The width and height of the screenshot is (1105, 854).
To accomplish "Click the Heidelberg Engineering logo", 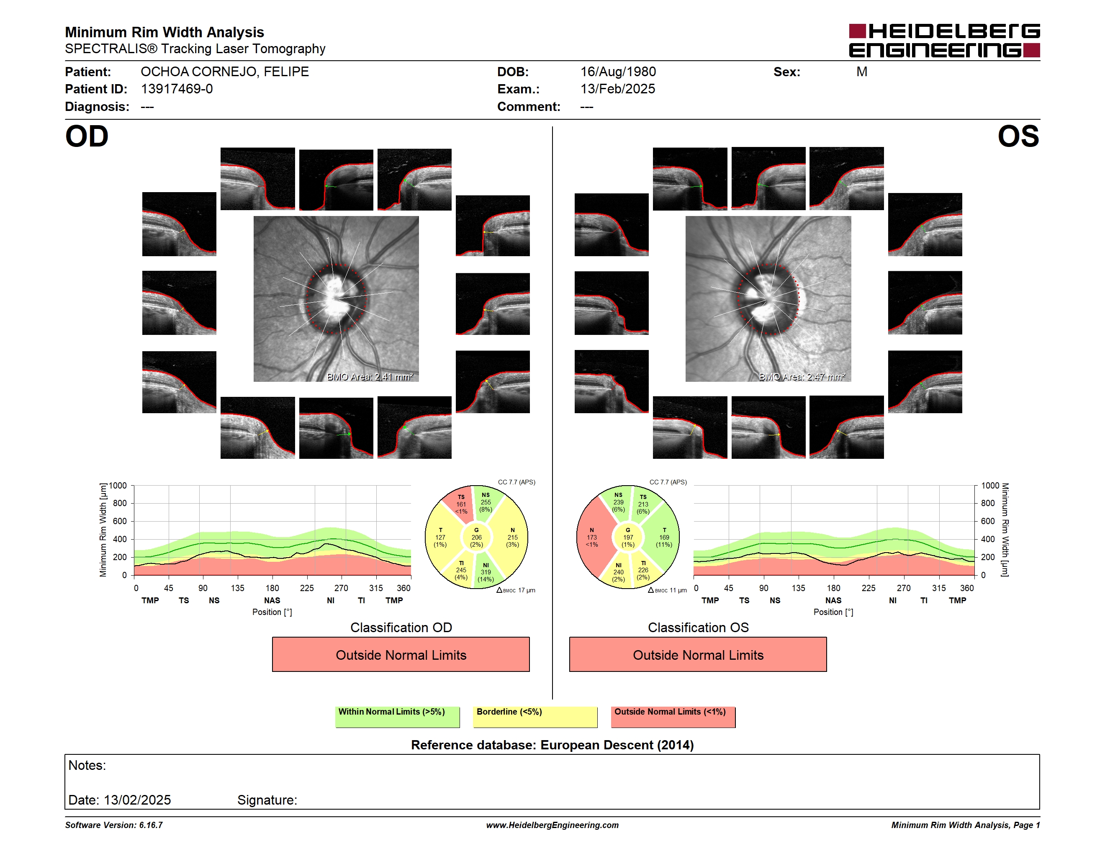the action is tap(944, 41).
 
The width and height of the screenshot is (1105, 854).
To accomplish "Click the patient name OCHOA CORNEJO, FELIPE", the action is tap(225, 72).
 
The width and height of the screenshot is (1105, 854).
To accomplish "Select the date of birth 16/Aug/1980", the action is tap(618, 72).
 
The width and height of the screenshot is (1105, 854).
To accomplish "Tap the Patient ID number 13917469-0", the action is tap(177, 89).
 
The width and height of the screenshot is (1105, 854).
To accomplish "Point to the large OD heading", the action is tap(87, 136).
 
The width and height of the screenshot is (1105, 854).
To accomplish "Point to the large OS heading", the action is tap(1018, 136).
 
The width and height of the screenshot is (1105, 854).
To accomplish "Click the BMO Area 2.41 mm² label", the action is tap(370, 376).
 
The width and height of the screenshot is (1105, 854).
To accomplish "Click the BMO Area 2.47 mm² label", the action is tap(802, 376).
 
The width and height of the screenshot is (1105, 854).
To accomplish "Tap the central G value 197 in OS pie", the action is tap(628, 537).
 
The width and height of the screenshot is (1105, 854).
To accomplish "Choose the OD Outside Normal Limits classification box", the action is tap(401, 655).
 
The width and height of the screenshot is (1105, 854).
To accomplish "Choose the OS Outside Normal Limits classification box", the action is tap(698, 655).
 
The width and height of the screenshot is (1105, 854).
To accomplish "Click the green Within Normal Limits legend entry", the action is tap(397, 717).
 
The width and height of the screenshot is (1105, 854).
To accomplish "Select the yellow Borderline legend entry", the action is tap(535, 717).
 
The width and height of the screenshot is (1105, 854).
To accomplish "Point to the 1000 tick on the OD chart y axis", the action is tap(118, 486).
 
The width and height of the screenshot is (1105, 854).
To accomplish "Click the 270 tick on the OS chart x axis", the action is tap(904, 588).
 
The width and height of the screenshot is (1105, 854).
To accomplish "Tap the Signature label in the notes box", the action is tap(267, 800).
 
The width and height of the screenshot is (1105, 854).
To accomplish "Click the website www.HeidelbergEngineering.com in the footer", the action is tap(552, 825).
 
